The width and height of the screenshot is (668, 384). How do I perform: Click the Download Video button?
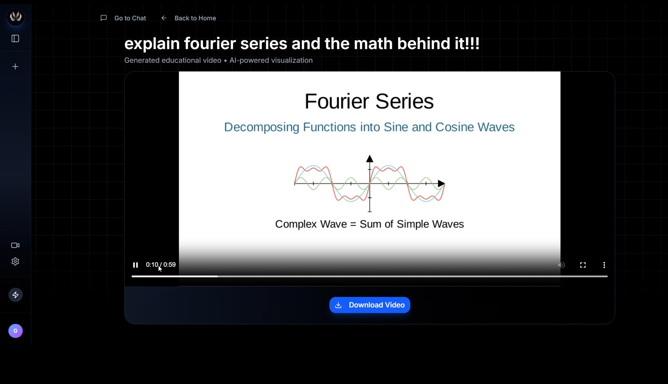[x=370, y=305]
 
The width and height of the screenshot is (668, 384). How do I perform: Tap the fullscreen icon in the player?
[x=583, y=265]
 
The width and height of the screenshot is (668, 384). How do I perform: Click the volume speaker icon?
[x=561, y=265]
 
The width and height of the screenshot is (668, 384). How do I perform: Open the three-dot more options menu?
[x=604, y=265]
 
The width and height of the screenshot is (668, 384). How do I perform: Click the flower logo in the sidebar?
[x=16, y=16]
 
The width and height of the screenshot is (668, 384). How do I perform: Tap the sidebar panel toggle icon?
[x=15, y=39]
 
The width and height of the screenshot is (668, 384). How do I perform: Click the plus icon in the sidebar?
[x=15, y=67]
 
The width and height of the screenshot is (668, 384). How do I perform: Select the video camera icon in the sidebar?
[x=15, y=245]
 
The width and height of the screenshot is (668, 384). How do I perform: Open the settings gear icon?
[x=15, y=262]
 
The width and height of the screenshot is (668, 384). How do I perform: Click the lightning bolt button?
[x=15, y=295]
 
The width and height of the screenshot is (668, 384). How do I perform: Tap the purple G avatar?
[x=15, y=331]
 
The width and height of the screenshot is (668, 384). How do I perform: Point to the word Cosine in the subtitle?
[x=455, y=127]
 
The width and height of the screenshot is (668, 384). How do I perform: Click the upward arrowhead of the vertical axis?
[x=370, y=159]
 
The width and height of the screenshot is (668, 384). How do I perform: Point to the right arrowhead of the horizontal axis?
[x=441, y=183]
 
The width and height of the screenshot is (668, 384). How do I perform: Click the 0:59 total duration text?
[x=170, y=265]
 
